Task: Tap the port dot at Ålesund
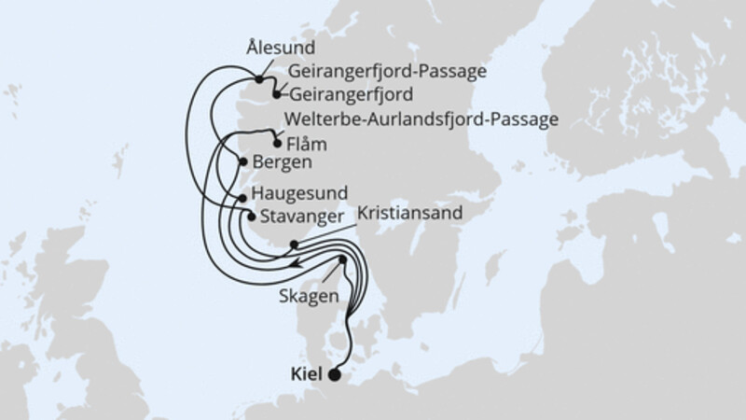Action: pos(258,79)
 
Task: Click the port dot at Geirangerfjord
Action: pos(277,93)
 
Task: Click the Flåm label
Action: pos(310,145)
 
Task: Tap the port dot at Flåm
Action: pos(276,143)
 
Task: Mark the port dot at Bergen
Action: pos(243,162)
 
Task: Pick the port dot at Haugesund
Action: pos(242,198)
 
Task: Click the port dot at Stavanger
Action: pos(250,216)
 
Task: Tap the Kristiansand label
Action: pos(409,213)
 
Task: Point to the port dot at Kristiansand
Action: pos(293,245)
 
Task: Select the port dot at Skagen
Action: pos(343,259)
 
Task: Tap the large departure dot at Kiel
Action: pos(335,376)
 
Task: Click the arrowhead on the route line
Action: pos(292,265)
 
